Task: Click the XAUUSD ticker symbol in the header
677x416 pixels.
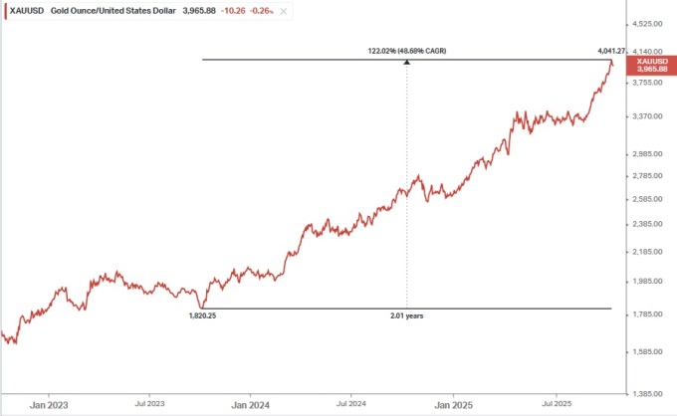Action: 25,10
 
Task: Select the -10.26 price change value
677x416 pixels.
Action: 237,10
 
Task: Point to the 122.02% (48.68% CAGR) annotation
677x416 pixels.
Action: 405,50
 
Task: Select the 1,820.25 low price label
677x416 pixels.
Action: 202,315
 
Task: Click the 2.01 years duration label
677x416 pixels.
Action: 406,315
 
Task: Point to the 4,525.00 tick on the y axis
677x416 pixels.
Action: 648,23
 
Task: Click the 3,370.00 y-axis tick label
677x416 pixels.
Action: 648,116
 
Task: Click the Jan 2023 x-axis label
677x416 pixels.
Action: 49,405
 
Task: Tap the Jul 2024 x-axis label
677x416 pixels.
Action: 351,405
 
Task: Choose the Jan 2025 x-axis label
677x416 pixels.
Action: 454,405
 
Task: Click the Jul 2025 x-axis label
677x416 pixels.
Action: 557,405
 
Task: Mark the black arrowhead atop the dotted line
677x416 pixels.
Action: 406,63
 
